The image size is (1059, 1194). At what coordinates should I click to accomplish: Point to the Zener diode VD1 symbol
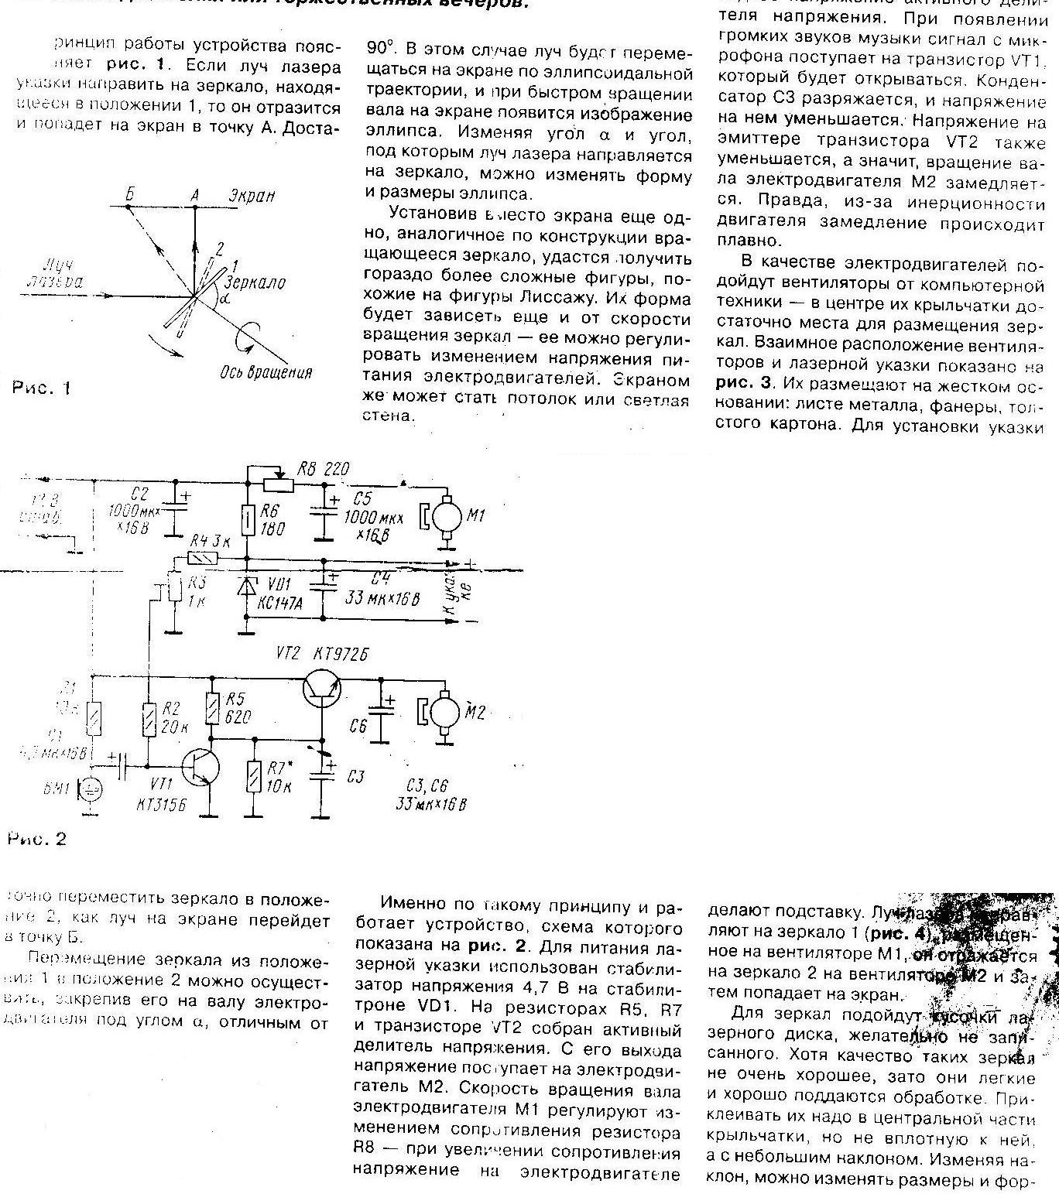tap(247, 587)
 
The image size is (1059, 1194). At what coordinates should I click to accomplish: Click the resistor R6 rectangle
tap(247, 519)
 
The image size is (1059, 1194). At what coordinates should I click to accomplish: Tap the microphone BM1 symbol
tap(92, 789)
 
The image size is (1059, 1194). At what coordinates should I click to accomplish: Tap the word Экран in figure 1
tap(252, 197)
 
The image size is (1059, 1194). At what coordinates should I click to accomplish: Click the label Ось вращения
tap(266, 372)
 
